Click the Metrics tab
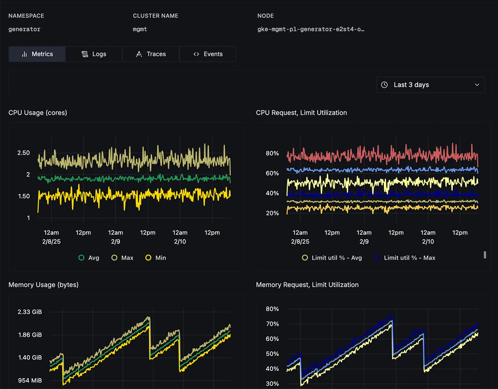pyautogui.click(x=37, y=54)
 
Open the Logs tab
pyautogui.click(x=94, y=54)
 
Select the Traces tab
pyautogui.click(x=151, y=54)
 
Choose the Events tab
pyautogui.click(x=208, y=54)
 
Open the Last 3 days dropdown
pyautogui.click(x=430, y=85)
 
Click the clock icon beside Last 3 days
pyautogui.click(x=384, y=85)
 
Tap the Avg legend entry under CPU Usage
pyautogui.click(x=89, y=258)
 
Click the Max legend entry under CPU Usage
pyautogui.click(x=123, y=258)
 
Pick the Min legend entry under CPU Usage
pyautogui.click(x=156, y=258)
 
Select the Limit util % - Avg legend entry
pyautogui.click(x=332, y=258)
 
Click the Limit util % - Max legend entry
pyautogui.click(x=405, y=258)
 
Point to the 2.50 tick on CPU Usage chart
pyautogui.click(x=24, y=153)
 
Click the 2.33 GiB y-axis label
pyautogui.click(x=30, y=312)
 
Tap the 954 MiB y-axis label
pyautogui.click(x=30, y=380)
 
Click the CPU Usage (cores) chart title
pyautogui.click(x=38, y=113)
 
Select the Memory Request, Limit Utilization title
pyautogui.click(x=307, y=285)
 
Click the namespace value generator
pyautogui.click(x=24, y=29)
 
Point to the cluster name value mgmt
pyautogui.click(x=140, y=29)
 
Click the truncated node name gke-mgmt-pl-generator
pyautogui.click(x=311, y=29)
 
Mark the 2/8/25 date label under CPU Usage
pyautogui.click(x=51, y=242)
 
